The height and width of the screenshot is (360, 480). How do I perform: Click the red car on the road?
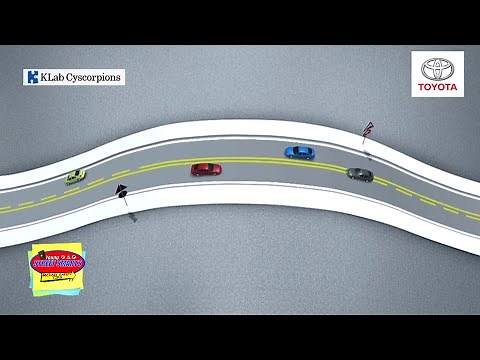[206, 169]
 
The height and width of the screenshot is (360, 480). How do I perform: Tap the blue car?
[299, 152]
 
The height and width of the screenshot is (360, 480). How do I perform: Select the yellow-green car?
[76, 177]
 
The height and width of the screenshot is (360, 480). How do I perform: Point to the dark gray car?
[360, 174]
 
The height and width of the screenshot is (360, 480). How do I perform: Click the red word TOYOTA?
[437, 88]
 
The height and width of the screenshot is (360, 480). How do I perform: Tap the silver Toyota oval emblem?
[437, 69]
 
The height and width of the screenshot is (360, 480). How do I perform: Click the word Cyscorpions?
[93, 77]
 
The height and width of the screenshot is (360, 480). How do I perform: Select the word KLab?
[50, 77]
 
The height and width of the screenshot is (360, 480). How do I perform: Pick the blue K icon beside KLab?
[33, 77]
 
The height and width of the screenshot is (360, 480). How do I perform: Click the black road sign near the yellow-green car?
[120, 190]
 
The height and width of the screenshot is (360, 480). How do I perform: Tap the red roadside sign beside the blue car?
[368, 129]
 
